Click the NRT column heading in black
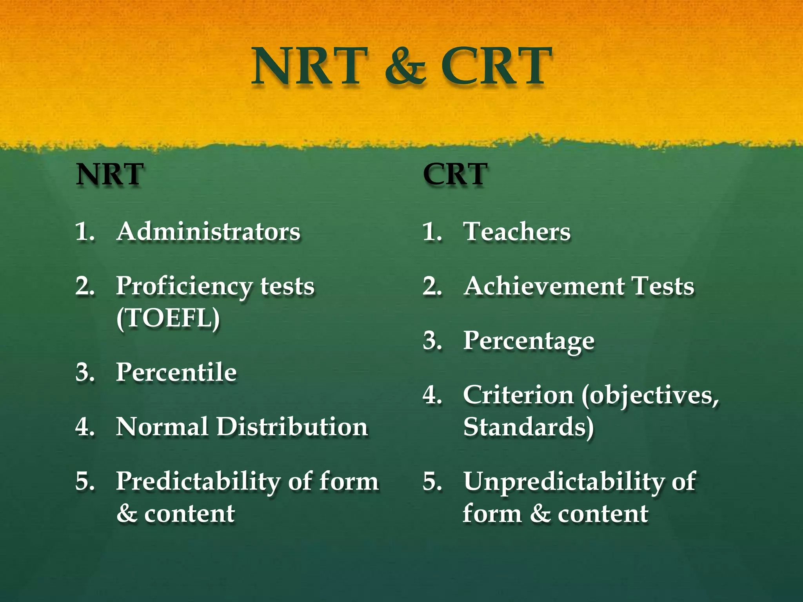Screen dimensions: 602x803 tap(110, 174)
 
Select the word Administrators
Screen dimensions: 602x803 tap(208, 231)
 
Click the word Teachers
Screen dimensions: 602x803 tap(517, 231)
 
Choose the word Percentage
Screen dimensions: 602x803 tap(529, 341)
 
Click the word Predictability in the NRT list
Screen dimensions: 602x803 tap(198, 482)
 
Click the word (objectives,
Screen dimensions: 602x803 tap(650, 396)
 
